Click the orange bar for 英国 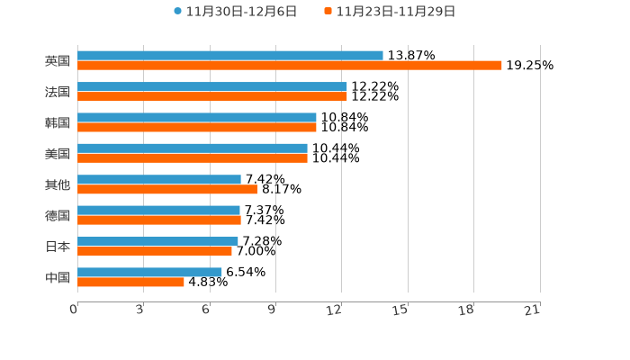point(290,66)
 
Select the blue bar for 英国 point(230,56)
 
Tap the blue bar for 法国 point(212,86)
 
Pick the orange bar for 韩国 point(197,127)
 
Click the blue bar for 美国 point(193,148)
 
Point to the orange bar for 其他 point(167,189)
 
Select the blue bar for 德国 point(158,210)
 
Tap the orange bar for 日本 point(155,251)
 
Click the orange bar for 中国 point(130,282)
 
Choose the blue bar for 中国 point(149,272)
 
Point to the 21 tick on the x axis point(533,310)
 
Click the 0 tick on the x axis point(74,310)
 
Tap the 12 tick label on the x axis point(335,310)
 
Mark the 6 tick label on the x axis point(206,310)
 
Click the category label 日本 point(58,247)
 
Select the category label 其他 point(58,184)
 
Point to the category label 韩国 point(58,122)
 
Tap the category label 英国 point(58,61)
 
